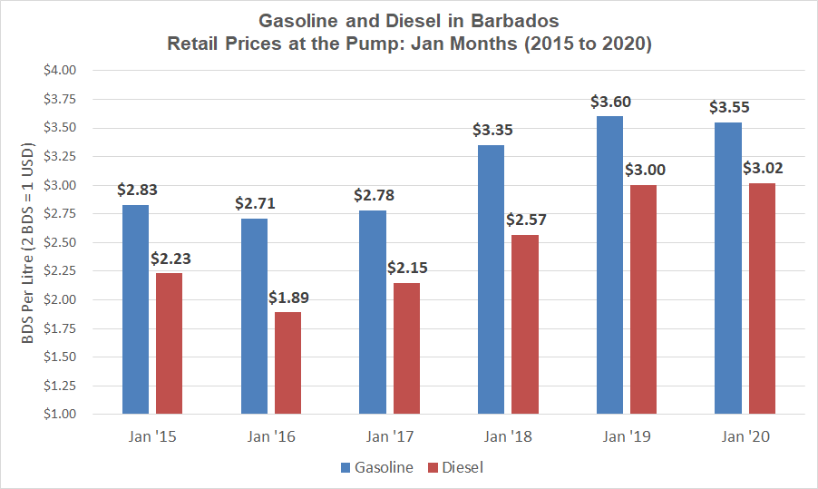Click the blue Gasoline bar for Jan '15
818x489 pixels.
pos(135,309)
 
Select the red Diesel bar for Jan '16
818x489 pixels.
pos(287,363)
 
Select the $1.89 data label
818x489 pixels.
pos(287,298)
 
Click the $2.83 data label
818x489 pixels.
pos(135,190)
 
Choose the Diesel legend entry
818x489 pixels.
pos(462,468)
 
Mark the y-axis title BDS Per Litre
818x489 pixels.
pos(28,241)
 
